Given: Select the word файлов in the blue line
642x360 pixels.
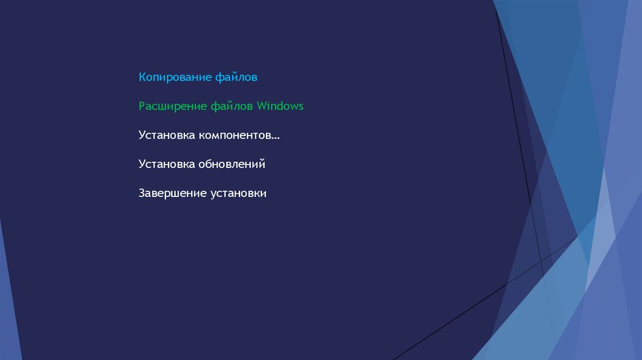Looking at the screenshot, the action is pos(236,77).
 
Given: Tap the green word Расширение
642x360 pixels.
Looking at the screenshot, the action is pos(172,107).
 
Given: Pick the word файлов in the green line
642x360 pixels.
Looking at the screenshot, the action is pos(231,106).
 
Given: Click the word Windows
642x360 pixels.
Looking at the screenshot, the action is pos(280,105).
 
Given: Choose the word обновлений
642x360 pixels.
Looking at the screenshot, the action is pos(232,164).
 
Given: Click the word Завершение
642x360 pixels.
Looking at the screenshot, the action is pos(172,193).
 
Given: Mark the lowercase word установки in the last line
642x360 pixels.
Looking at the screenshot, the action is pos(238,194).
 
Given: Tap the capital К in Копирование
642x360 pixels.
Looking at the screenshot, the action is pos(142,77).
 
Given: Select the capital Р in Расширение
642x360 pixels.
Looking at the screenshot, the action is pos(142,106).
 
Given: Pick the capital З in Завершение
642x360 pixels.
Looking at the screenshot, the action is pos(142,193).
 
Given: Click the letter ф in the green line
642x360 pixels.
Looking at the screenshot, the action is pos(215,107).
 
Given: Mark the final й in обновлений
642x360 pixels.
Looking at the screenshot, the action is pos(261,164).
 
